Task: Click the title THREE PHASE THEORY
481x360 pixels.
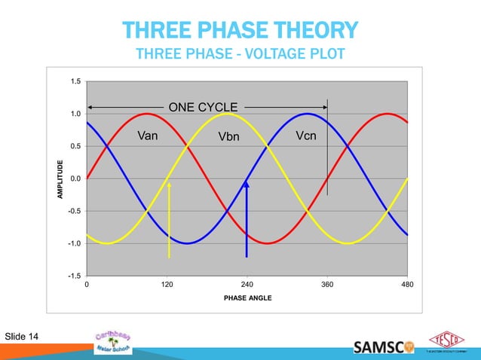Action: point(240,31)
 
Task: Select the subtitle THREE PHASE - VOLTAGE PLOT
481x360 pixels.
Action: point(240,54)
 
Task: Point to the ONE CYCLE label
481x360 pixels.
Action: point(203,107)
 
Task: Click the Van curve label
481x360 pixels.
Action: point(150,136)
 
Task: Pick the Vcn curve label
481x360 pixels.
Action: point(307,136)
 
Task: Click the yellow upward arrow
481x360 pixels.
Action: point(170,218)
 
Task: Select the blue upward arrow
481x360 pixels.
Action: point(246,218)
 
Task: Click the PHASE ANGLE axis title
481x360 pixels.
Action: point(247,298)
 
